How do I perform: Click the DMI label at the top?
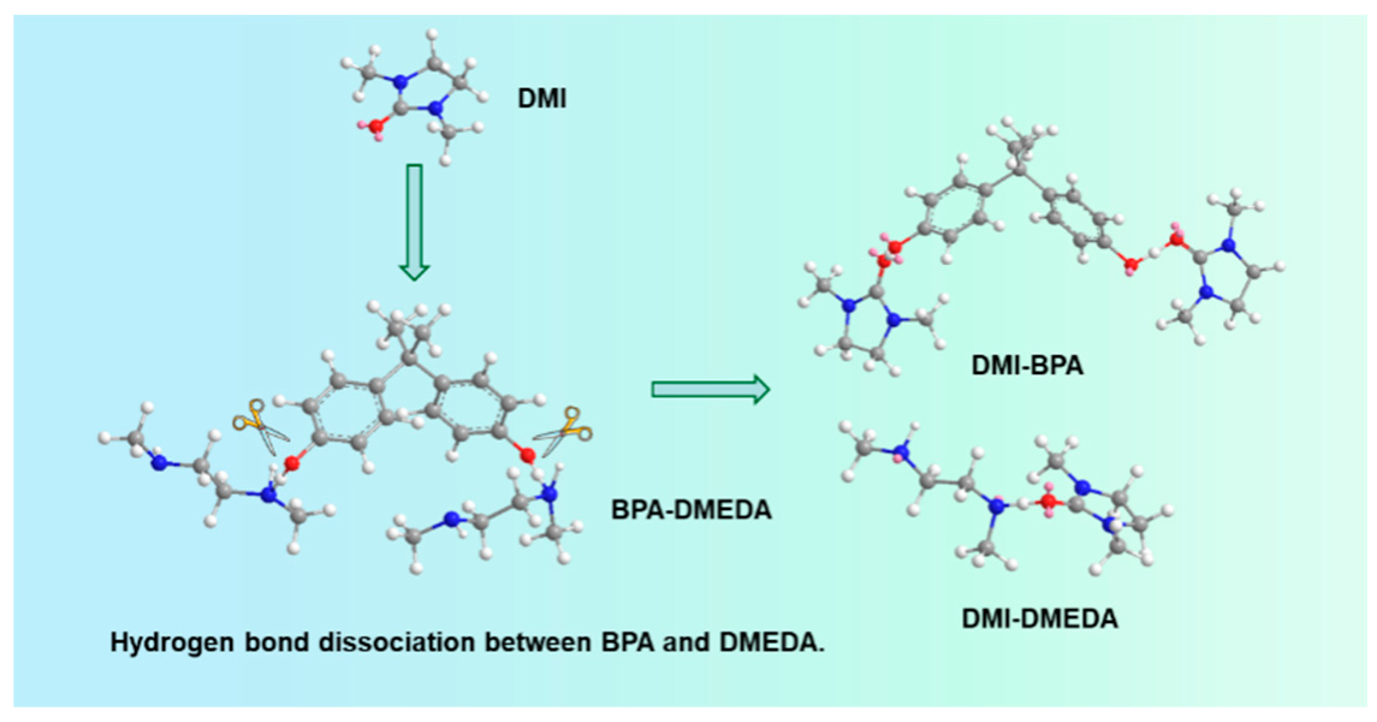pos(542,98)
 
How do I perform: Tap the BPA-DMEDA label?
pos(691,509)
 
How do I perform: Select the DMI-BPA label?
pos(1027,365)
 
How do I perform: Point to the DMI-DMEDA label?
pos(1039,619)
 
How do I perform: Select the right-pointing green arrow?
pos(710,390)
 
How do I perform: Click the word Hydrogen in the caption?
pos(173,643)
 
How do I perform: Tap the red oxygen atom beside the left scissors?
pos(292,463)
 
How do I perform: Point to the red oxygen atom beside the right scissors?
pos(528,456)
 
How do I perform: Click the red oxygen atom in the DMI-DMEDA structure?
pos(1048,500)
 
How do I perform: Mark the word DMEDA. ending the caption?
pos(772,643)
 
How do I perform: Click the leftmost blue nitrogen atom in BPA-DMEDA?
pos(159,463)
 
